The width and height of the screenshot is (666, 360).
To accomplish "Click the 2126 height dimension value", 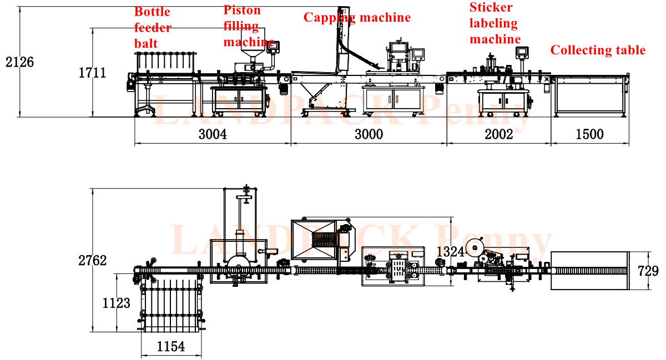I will click(x=19, y=62).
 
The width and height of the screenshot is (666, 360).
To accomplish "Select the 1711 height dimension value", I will click(x=92, y=72).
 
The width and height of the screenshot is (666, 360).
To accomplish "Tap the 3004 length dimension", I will click(x=213, y=134).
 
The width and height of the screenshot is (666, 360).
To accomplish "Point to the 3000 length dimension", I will click(x=369, y=134).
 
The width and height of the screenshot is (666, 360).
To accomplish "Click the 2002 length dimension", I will click(x=498, y=134).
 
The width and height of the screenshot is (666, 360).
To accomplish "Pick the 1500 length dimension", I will click(x=589, y=134).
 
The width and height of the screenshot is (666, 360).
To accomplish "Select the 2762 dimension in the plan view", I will click(x=93, y=261).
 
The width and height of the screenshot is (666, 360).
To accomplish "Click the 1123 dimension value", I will click(x=117, y=303).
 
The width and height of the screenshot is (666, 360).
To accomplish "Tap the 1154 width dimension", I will click(x=170, y=347).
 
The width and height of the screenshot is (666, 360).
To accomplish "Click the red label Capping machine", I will click(x=357, y=17).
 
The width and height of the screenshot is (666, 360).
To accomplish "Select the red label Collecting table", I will click(x=598, y=50).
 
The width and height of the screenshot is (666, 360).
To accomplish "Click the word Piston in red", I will click(x=242, y=10).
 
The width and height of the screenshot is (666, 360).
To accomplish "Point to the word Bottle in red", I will click(x=152, y=12).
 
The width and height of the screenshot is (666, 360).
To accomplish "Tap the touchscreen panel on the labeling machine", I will click(x=522, y=52).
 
